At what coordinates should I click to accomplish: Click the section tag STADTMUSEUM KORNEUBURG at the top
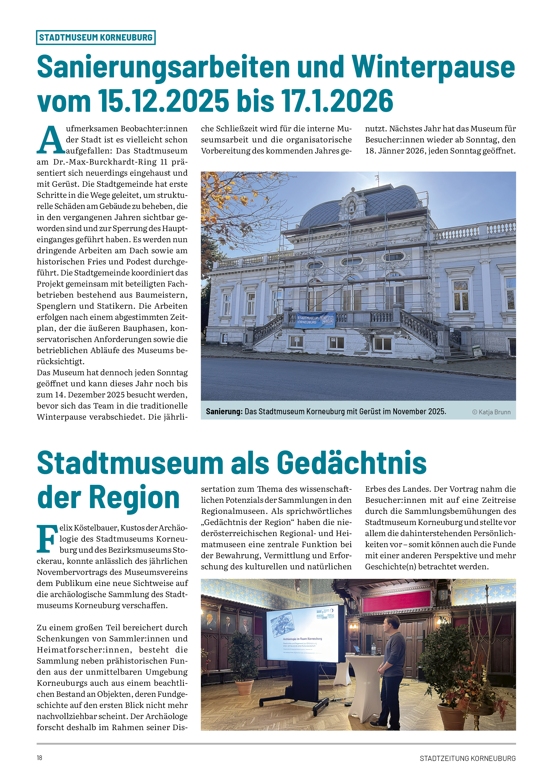[96, 37]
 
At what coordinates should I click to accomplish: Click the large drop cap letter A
[51, 140]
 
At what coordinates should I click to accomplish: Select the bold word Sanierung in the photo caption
[224, 412]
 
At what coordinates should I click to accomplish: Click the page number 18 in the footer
[40, 758]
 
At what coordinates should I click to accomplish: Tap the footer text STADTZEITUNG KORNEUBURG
[467, 758]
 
